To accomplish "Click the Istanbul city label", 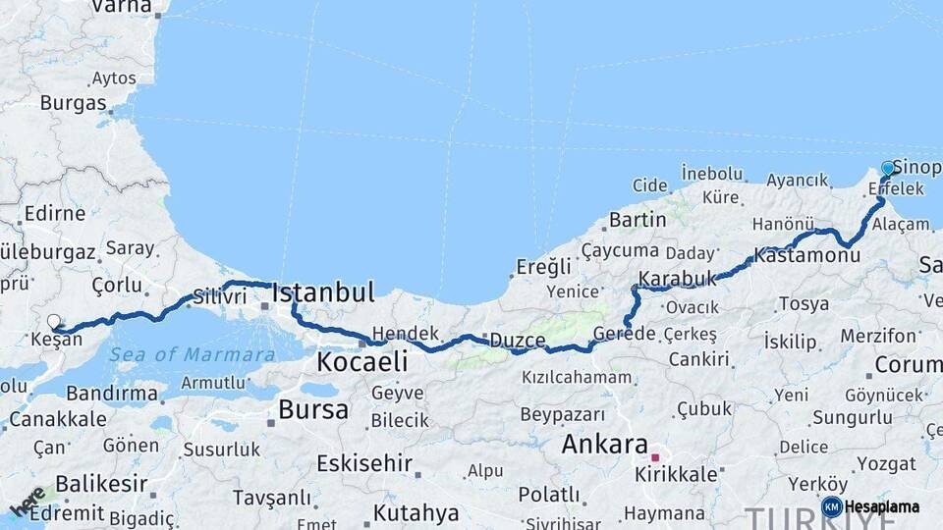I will click(x=323, y=291).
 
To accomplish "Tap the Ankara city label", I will click(x=604, y=445).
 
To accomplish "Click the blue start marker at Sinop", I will click(x=888, y=169).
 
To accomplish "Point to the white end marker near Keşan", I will click(x=54, y=321).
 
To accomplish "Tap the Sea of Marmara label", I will click(x=192, y=354).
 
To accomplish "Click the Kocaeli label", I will click(x=361, y=362).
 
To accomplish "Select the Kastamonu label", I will click(x=807, y=255).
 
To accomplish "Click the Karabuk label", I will click(x=678, y=280).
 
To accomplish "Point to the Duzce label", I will click(x=518, y=341).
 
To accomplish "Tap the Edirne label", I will click(x=55, y=213).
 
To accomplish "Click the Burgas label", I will click(x=73, y=103).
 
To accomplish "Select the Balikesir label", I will click(x=101, y=484).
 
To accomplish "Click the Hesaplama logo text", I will click(x=881, y=507).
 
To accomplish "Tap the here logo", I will click(x=27, y=502).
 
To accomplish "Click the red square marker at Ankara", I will click(x=655, y=457).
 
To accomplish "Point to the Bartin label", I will click(x=638, y=220).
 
